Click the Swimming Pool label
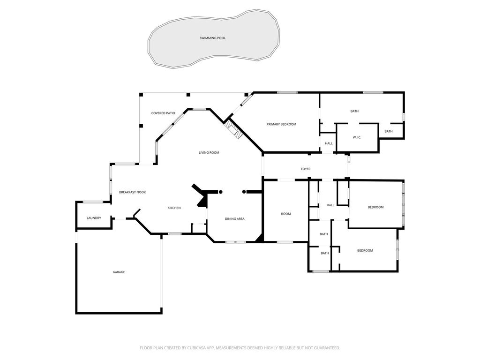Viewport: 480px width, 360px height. click(212, 38)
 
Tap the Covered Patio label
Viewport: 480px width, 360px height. click(163, 113)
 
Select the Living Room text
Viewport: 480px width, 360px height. click(209, 152)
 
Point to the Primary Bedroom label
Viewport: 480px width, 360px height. click(281, 124)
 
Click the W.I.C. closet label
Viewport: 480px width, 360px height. click(357, 137)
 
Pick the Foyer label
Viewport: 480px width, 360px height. click(306, 169)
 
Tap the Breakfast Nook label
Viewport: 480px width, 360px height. click(132, 192)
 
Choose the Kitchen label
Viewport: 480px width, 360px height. click(174, 208)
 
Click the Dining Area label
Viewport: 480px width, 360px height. click(234, 219)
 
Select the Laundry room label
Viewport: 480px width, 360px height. click(94, 218)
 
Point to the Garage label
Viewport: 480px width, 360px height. click(119, 272)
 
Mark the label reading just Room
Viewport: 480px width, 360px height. click(286, 214)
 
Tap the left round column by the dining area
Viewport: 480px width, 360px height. click(220, 192)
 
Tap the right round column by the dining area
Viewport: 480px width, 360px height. click(244, 192)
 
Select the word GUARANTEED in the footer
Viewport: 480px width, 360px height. click(327, 348)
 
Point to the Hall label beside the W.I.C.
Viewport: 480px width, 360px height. click(329, 143)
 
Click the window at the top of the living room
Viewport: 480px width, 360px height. click(199, 109)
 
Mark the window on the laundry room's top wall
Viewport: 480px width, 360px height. click(93, 202)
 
